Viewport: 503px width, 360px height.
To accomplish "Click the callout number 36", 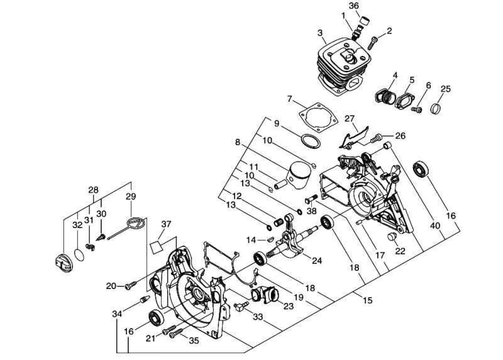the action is (353, 6).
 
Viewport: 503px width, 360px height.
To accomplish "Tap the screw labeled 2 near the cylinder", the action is (373, 43).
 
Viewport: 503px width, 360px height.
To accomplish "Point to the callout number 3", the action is (320, 33).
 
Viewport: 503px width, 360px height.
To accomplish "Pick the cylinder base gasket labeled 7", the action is (318, 117).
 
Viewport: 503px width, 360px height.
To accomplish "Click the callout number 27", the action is (350, 119).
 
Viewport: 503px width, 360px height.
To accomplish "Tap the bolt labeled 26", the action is (376, 138).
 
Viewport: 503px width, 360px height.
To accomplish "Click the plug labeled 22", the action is (392, 237).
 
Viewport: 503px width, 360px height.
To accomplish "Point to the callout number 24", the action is (317, 261).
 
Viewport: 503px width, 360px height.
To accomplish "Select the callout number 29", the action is (131, 196).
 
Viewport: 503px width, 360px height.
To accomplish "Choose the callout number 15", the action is (368, 300).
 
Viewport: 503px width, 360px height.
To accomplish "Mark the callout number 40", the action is (435, 226).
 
